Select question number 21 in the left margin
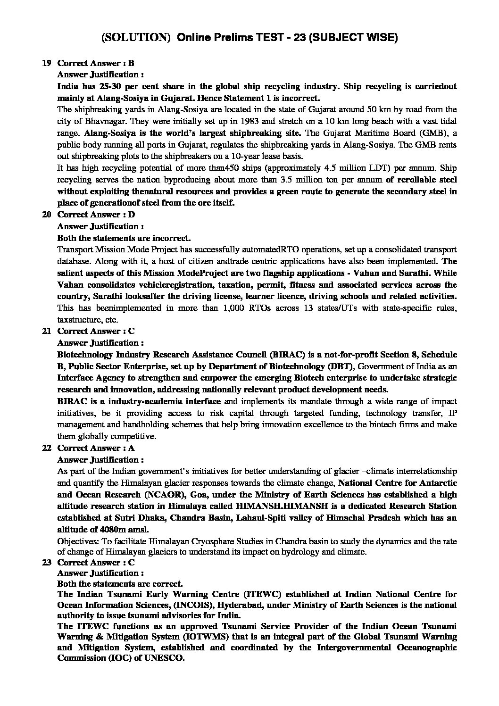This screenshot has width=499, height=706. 46,331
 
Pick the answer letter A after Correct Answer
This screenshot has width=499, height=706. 132,448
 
